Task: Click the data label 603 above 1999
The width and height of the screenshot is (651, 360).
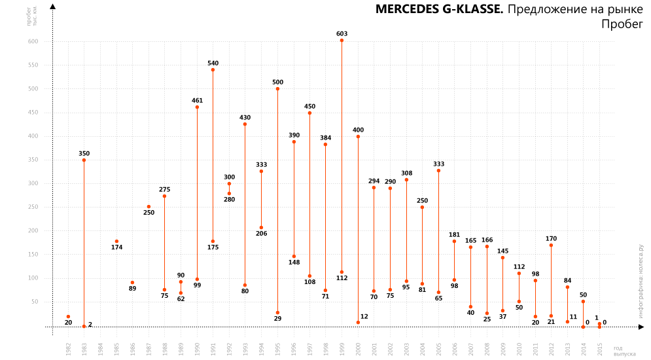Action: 342,33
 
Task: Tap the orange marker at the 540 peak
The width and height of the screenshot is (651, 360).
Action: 213,69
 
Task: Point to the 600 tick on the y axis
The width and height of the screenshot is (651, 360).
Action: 33,41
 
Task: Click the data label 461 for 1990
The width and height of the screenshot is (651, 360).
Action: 197,101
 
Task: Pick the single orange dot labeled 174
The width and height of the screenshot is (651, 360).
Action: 116,242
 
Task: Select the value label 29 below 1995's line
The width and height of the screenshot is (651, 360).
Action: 277,318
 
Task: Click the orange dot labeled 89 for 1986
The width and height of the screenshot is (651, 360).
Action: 132,283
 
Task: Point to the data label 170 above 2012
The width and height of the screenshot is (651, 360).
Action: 551,239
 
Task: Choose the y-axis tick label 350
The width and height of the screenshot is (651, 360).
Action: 33,160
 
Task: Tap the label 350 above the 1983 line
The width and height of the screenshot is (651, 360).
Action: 84,154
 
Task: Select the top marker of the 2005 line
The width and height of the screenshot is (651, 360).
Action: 438,171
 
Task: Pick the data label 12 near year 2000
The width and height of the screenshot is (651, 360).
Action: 364,317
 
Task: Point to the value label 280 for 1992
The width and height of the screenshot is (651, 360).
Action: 229,199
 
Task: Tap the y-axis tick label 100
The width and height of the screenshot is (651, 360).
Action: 33,278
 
